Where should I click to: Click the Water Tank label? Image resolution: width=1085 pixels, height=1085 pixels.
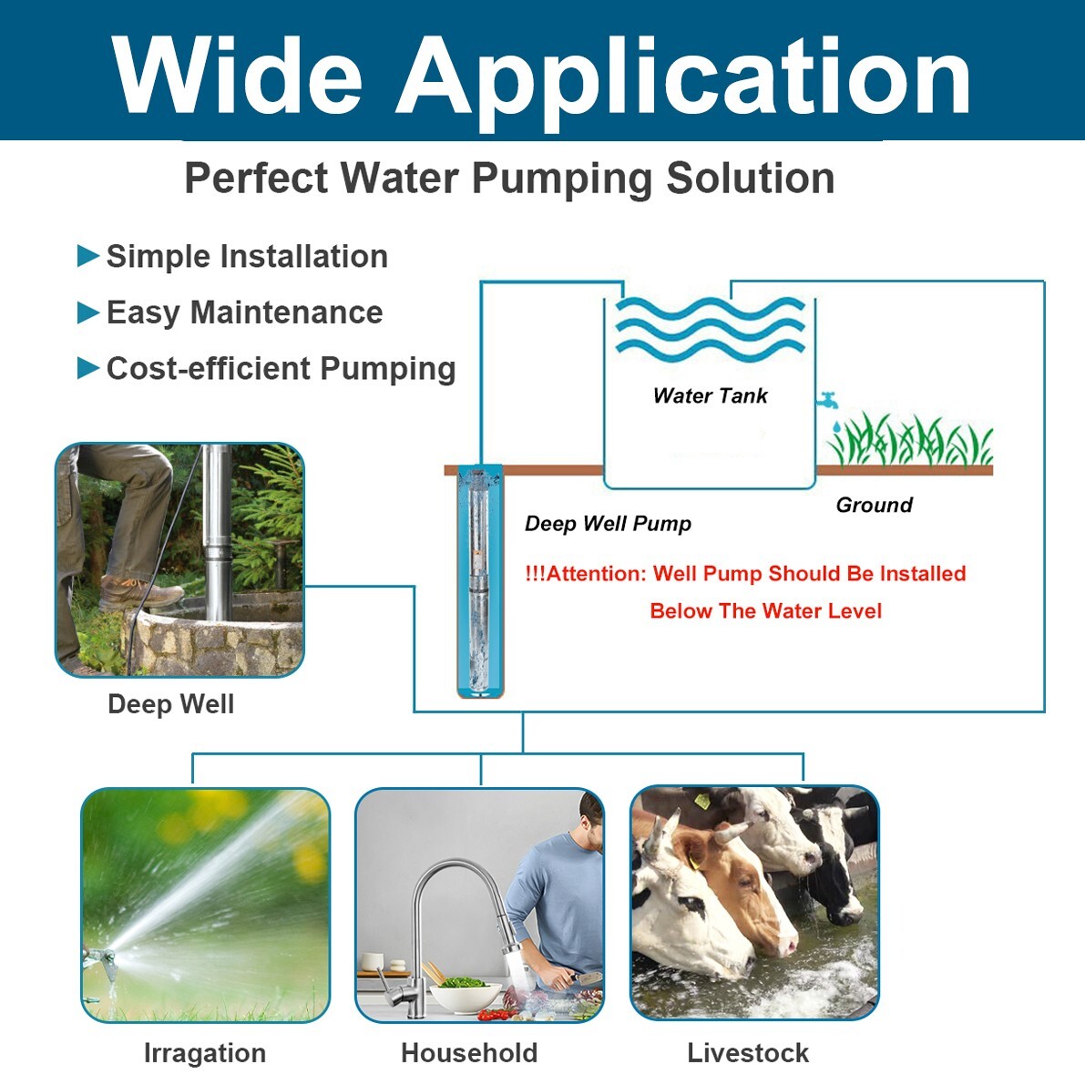click(x=710, y=395)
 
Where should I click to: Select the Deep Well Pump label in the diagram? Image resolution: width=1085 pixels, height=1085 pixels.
click(x=608, y=524)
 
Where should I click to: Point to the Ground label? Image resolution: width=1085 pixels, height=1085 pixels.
click(x=874, y=505)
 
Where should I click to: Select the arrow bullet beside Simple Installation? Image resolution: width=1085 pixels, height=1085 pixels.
click(x=88, y=256)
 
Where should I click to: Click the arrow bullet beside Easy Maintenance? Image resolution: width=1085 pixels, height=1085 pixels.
click(x=88, y=312)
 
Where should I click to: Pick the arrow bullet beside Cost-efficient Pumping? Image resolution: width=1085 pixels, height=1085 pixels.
click(x=88, y=368)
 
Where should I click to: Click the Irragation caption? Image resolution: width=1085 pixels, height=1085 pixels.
click(x=205, y=1053)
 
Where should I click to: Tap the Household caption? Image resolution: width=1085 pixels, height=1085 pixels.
click(x=469, y=1053)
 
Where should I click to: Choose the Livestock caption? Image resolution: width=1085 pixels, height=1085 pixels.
click(x=748, y=1053)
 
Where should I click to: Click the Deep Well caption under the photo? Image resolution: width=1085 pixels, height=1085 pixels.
click(x=170, y=704)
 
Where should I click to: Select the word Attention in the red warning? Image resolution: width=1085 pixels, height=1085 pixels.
click(x=596, y=574)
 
